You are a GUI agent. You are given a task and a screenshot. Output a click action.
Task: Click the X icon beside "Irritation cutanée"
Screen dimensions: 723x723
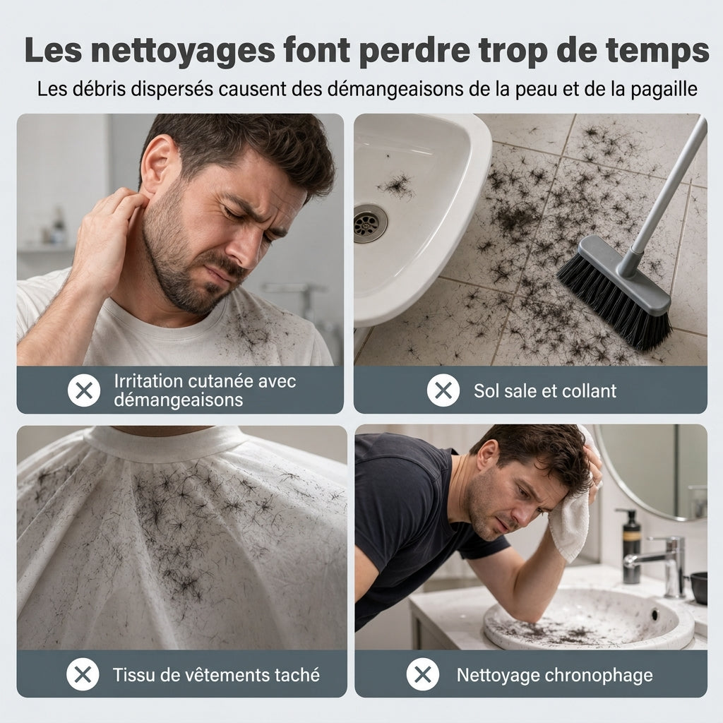pos(84,390)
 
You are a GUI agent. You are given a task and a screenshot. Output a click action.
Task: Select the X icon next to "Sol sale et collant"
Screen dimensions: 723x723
pos(443,390)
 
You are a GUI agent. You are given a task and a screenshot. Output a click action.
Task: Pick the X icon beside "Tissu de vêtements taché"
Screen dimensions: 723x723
pos(83,674)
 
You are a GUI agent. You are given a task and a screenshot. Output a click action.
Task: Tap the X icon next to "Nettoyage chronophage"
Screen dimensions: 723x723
pos(423,674)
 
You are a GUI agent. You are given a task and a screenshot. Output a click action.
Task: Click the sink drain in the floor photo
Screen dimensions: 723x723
pos(370,223)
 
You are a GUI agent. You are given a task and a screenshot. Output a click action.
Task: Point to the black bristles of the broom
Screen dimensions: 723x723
pos(614,301)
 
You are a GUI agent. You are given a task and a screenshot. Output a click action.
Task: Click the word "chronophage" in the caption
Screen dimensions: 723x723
pos(599,676)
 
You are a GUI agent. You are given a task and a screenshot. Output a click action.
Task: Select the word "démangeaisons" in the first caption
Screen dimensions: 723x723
pos(179,400)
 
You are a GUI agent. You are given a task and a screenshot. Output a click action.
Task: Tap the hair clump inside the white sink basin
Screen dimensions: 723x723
pos(395,186)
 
